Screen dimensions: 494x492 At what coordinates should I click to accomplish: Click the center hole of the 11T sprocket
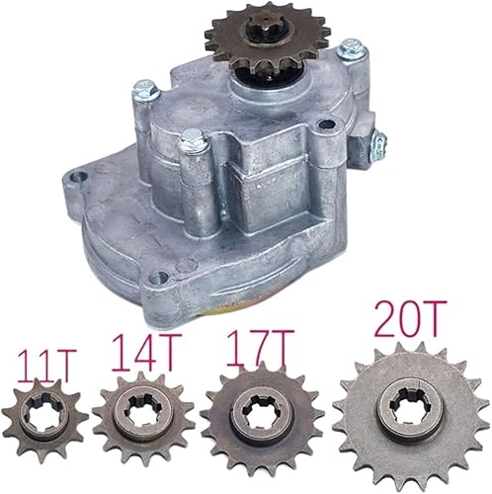[46, 432]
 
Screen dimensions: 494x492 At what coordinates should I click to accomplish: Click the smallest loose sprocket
[46, 432]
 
